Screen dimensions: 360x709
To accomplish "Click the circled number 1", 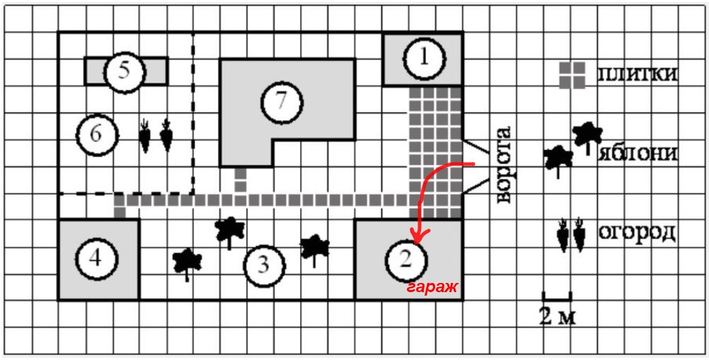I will [422, 59].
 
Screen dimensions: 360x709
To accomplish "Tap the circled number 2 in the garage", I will [405, 260].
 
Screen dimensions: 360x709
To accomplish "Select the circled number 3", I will [263, 266].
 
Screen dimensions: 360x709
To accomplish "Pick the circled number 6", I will [97, 133].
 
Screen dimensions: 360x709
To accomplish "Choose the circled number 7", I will [282, 101].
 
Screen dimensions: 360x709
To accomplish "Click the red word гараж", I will [432, 287].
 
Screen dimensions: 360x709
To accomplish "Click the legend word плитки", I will [638, 74].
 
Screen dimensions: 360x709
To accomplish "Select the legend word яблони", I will [638, 153].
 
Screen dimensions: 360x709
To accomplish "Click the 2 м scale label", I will [557, 316].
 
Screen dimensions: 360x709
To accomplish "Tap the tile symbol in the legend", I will [572, 76].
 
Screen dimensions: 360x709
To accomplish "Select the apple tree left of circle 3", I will [187, 262].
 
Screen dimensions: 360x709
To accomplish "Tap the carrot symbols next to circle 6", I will [156, 135].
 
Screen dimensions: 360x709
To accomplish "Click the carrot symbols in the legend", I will [572, 235].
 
